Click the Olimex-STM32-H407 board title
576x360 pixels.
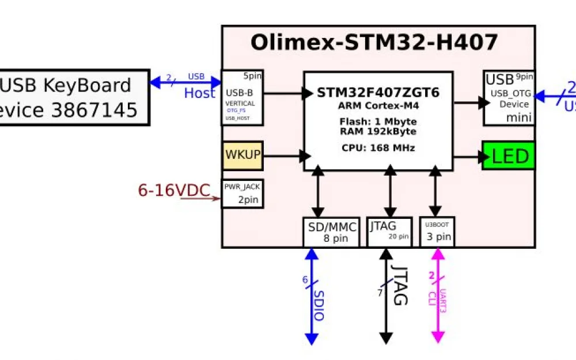click(x=374, y=43)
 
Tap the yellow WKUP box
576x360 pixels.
click(x=242, y=156)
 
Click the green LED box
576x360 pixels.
click(x=509, y=156)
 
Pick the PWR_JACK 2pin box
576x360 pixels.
click(x=242, y=194)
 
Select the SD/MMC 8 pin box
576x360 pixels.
click(x=331, y=232)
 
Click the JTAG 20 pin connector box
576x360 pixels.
click(x=389, y=232)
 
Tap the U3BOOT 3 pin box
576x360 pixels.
click(x=438, y=232)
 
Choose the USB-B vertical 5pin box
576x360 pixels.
click(x=242, y=98)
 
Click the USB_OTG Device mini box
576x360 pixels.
click(x=509, y=98)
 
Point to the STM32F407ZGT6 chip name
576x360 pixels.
click(x=378, y=93)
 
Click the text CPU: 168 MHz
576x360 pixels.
click(x=378, y=148)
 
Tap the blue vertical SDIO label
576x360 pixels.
click(x=319, y=305)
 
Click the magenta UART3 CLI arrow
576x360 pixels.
click(x=438, y=296)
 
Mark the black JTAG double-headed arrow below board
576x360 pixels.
click(x=386, y=296)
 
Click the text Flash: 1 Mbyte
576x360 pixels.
click(x=378, y=122)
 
